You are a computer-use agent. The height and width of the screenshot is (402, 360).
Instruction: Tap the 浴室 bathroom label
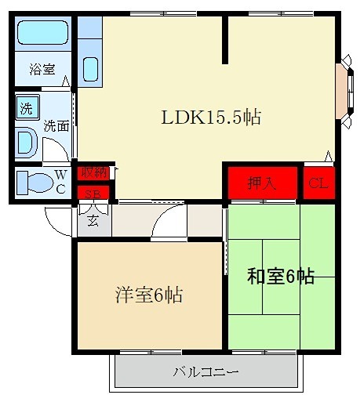pos(42,69)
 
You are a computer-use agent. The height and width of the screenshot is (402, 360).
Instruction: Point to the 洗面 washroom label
pos(55,125)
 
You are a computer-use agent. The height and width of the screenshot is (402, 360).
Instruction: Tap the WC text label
pos(60,182)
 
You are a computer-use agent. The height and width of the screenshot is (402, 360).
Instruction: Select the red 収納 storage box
pos(93,173)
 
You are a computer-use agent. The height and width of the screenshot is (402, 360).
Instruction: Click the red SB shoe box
pos(93,194)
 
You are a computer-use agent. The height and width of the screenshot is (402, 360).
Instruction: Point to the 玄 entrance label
pos(93,220)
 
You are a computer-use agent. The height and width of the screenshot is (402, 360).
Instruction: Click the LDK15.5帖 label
pos(211,118)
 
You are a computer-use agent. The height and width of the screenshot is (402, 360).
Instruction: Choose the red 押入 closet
pos(262,183)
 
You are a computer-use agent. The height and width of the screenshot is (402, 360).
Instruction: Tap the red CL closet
pos(318,183)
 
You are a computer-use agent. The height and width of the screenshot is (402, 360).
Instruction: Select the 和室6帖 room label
pos(281,276)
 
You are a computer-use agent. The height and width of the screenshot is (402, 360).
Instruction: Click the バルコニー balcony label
pos(205,371)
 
